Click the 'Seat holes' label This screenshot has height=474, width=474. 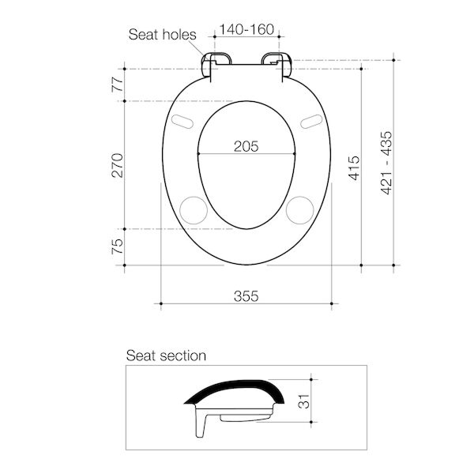coord(164,35)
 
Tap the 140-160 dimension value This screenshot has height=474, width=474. coord(247,30)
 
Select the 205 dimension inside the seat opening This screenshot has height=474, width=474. coord(246,145)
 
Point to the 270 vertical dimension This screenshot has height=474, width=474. coord(118,164)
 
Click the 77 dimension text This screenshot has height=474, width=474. coord(118,85)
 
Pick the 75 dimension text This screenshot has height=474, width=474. coord(118,246)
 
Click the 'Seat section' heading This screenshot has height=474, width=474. coord(167,355)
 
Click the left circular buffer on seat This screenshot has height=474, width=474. coord(193,209)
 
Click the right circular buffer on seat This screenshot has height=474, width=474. coord(299,209)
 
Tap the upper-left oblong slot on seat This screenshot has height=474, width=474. coord(182,121)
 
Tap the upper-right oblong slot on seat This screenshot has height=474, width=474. coord(310,121)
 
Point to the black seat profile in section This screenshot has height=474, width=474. coord(237,389)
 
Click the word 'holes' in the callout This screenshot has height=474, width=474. coord(180,35)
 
